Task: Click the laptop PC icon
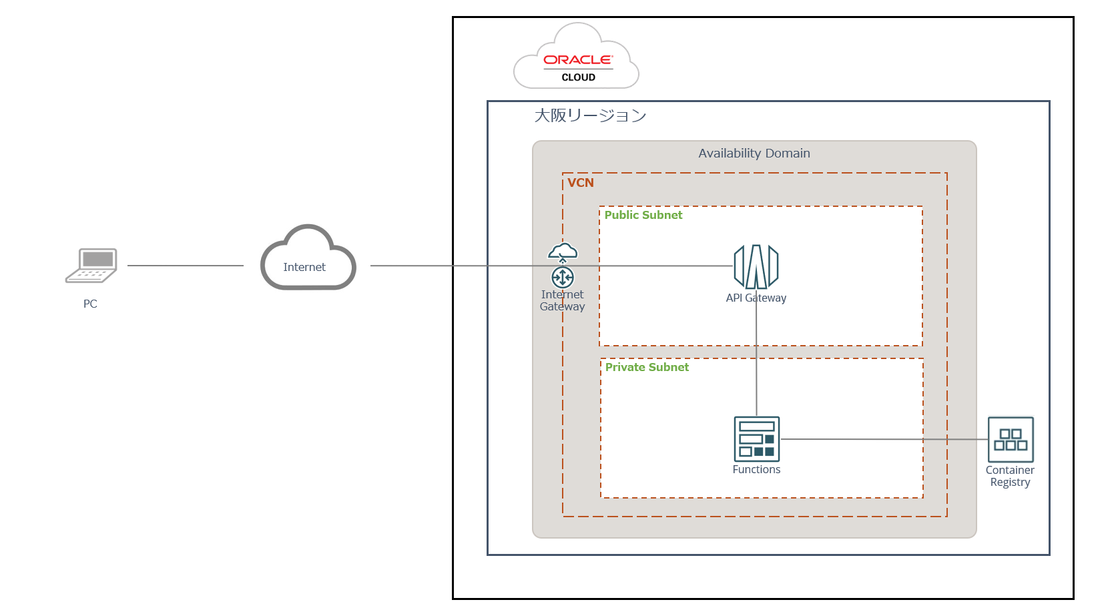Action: [x=91, y=266]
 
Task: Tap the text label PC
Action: [x=90, y=304]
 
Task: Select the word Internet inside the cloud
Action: [x=304, y=267]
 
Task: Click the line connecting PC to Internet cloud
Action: [x=185, y=266]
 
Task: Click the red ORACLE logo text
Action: [x=577, y=60]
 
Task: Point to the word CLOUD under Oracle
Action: [x=578, y=77]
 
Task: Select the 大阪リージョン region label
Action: [x=590, y=115]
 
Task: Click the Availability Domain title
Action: [x=754, y=153]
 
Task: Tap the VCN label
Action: [x=580, y=183]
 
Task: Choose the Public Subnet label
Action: [x=643, y=215]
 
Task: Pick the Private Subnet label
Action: [x=647, y=367]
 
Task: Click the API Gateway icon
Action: [x=756, y=266]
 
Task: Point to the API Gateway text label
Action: [x=756, y=298]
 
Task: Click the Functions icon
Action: [x=756, y=438]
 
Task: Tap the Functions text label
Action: [x=756, y=469]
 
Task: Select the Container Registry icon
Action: [x=1011, y=439]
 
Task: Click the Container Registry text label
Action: [x=1010, y=476]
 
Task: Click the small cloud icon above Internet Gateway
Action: [x=563, y=252]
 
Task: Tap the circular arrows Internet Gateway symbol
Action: [x=563, y=277]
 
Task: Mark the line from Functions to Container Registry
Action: [x=881, y=439]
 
